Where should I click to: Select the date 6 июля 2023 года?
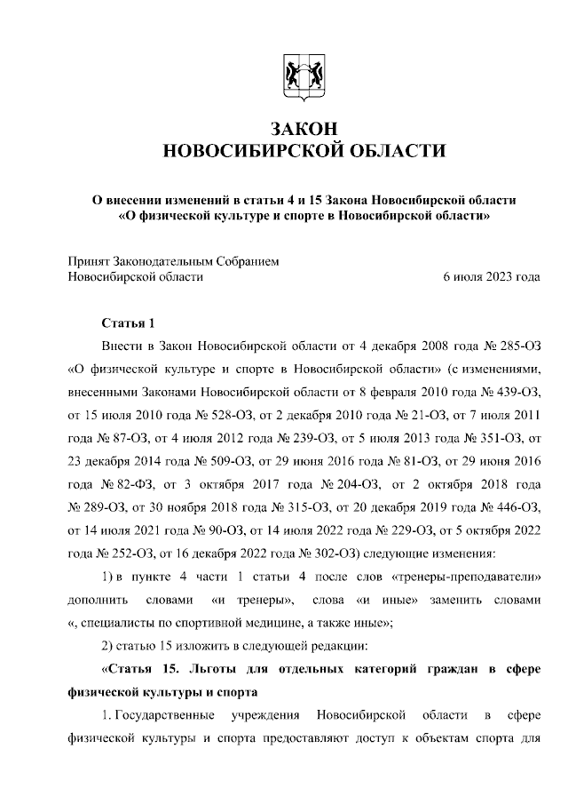[x=491, y=276]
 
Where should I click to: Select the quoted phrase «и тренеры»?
[x=263, y=600]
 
